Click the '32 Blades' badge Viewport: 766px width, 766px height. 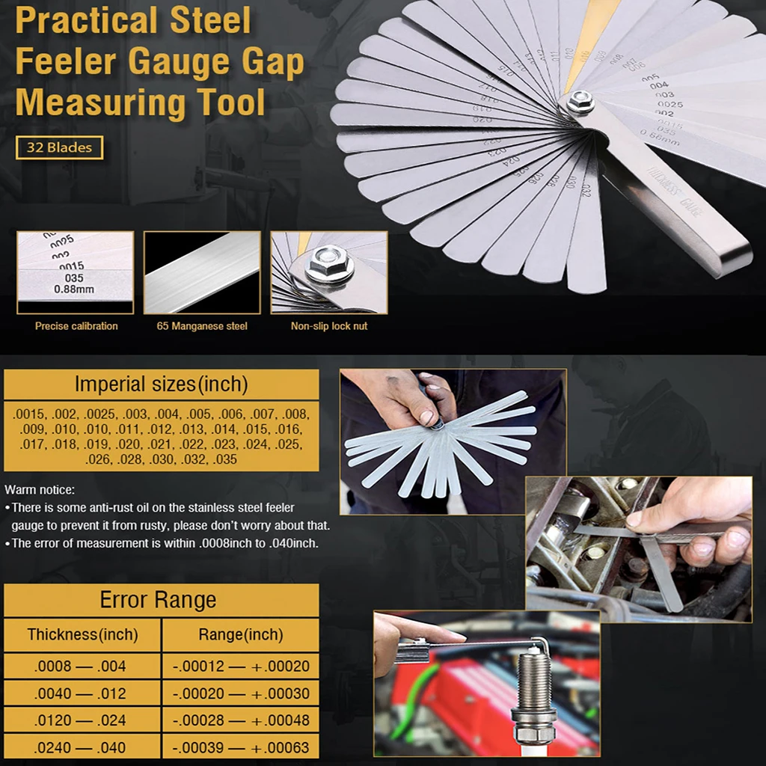coord(59,147)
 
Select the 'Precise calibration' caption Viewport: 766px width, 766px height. coord(76,326)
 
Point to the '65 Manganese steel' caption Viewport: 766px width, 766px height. coord(202,326)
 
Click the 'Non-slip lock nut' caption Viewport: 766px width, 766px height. coord(329,326)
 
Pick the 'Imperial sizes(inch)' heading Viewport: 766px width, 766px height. coord(161,384)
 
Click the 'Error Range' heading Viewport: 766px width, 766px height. coord(158,600)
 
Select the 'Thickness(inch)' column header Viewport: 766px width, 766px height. coord(82,635)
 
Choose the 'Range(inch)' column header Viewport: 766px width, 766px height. coord(240,635)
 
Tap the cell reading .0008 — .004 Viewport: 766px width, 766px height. coord(80,666)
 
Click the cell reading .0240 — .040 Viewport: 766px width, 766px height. coord(80,747)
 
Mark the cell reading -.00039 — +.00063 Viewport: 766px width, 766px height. coord(240,747)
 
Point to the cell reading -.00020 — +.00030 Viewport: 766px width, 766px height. coord(240,693)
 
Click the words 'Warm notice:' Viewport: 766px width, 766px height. coord(40,490)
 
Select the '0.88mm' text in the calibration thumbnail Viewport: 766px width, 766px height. coord(75,289)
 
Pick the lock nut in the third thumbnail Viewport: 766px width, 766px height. coord(329,263)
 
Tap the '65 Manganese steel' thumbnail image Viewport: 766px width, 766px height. coord(202,272)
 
